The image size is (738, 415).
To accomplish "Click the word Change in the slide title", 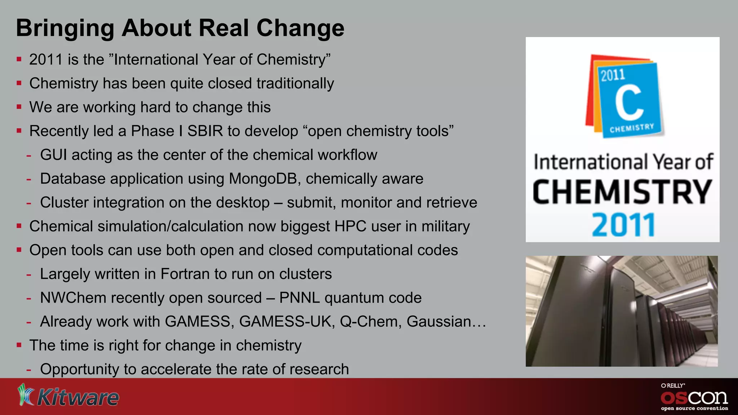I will [x=300, y=28].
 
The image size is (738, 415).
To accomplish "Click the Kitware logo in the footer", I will [x=68, y=396].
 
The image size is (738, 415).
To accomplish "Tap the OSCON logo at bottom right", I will [x=694, y=397].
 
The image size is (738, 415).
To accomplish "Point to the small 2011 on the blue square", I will [x=613, y=75].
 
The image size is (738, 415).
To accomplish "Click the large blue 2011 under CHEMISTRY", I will [x=623, y=225].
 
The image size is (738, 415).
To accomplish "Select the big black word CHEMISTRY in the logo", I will [x=622, y=192].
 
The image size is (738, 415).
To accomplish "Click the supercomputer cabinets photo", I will [x=622, y=311].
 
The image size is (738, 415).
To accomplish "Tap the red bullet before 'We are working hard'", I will [x=19, y=107].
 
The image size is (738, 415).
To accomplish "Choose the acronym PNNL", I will [x=299, y=298].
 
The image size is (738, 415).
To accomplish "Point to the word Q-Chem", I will [x=370, y=321].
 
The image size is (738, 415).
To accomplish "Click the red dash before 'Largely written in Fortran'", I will [x=29, y=275].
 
